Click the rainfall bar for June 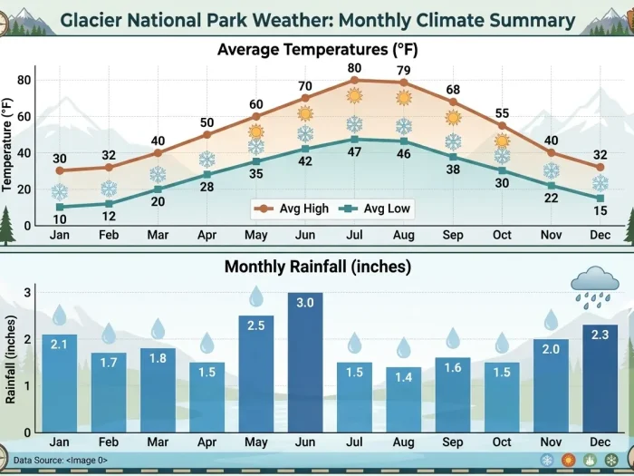[305, 363]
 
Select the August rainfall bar [404, 399]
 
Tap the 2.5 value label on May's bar [256, 325]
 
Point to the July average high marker [354, 80]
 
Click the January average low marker [60, 207]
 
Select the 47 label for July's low [354, 153]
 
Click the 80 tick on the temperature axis [24, 80]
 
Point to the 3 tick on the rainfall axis [28, 293]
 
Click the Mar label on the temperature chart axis [158, 234]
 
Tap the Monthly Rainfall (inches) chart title [317, 267]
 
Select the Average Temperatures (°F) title [317, 49]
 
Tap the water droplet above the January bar [60, 316]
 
